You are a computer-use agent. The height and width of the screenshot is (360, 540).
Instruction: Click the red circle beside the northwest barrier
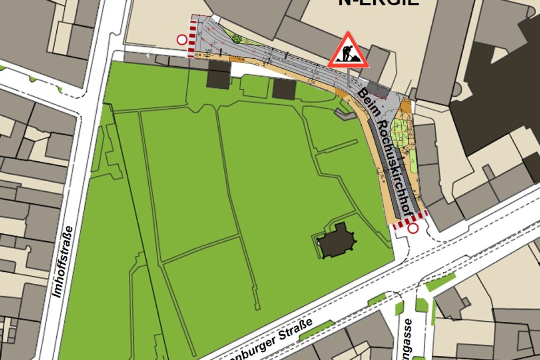(x=182, y=40)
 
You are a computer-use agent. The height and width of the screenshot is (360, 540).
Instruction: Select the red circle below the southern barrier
(x=413, y=228)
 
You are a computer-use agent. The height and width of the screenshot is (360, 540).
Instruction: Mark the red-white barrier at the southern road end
(x=410, y=220)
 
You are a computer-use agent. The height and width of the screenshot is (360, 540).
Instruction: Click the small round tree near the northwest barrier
(x=237, y=39)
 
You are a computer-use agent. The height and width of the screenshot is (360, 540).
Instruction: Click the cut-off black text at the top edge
(x=378, y=2)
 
